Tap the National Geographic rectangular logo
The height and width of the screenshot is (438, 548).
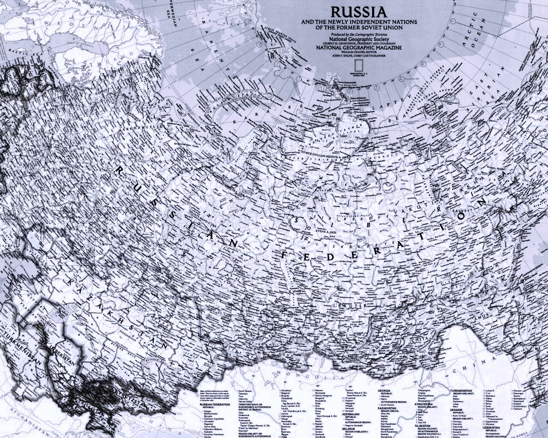[359, 64]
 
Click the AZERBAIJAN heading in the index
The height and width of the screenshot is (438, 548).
[354, 414]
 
